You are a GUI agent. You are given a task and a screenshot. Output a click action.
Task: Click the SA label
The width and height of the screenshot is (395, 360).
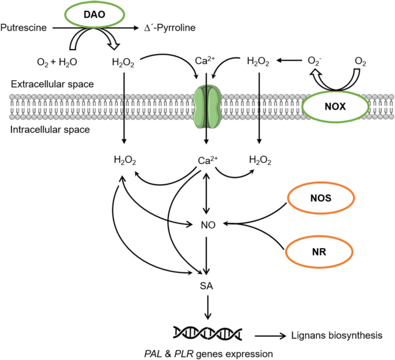207,286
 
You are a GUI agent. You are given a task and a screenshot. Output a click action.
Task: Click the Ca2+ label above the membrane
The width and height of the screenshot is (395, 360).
206,61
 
